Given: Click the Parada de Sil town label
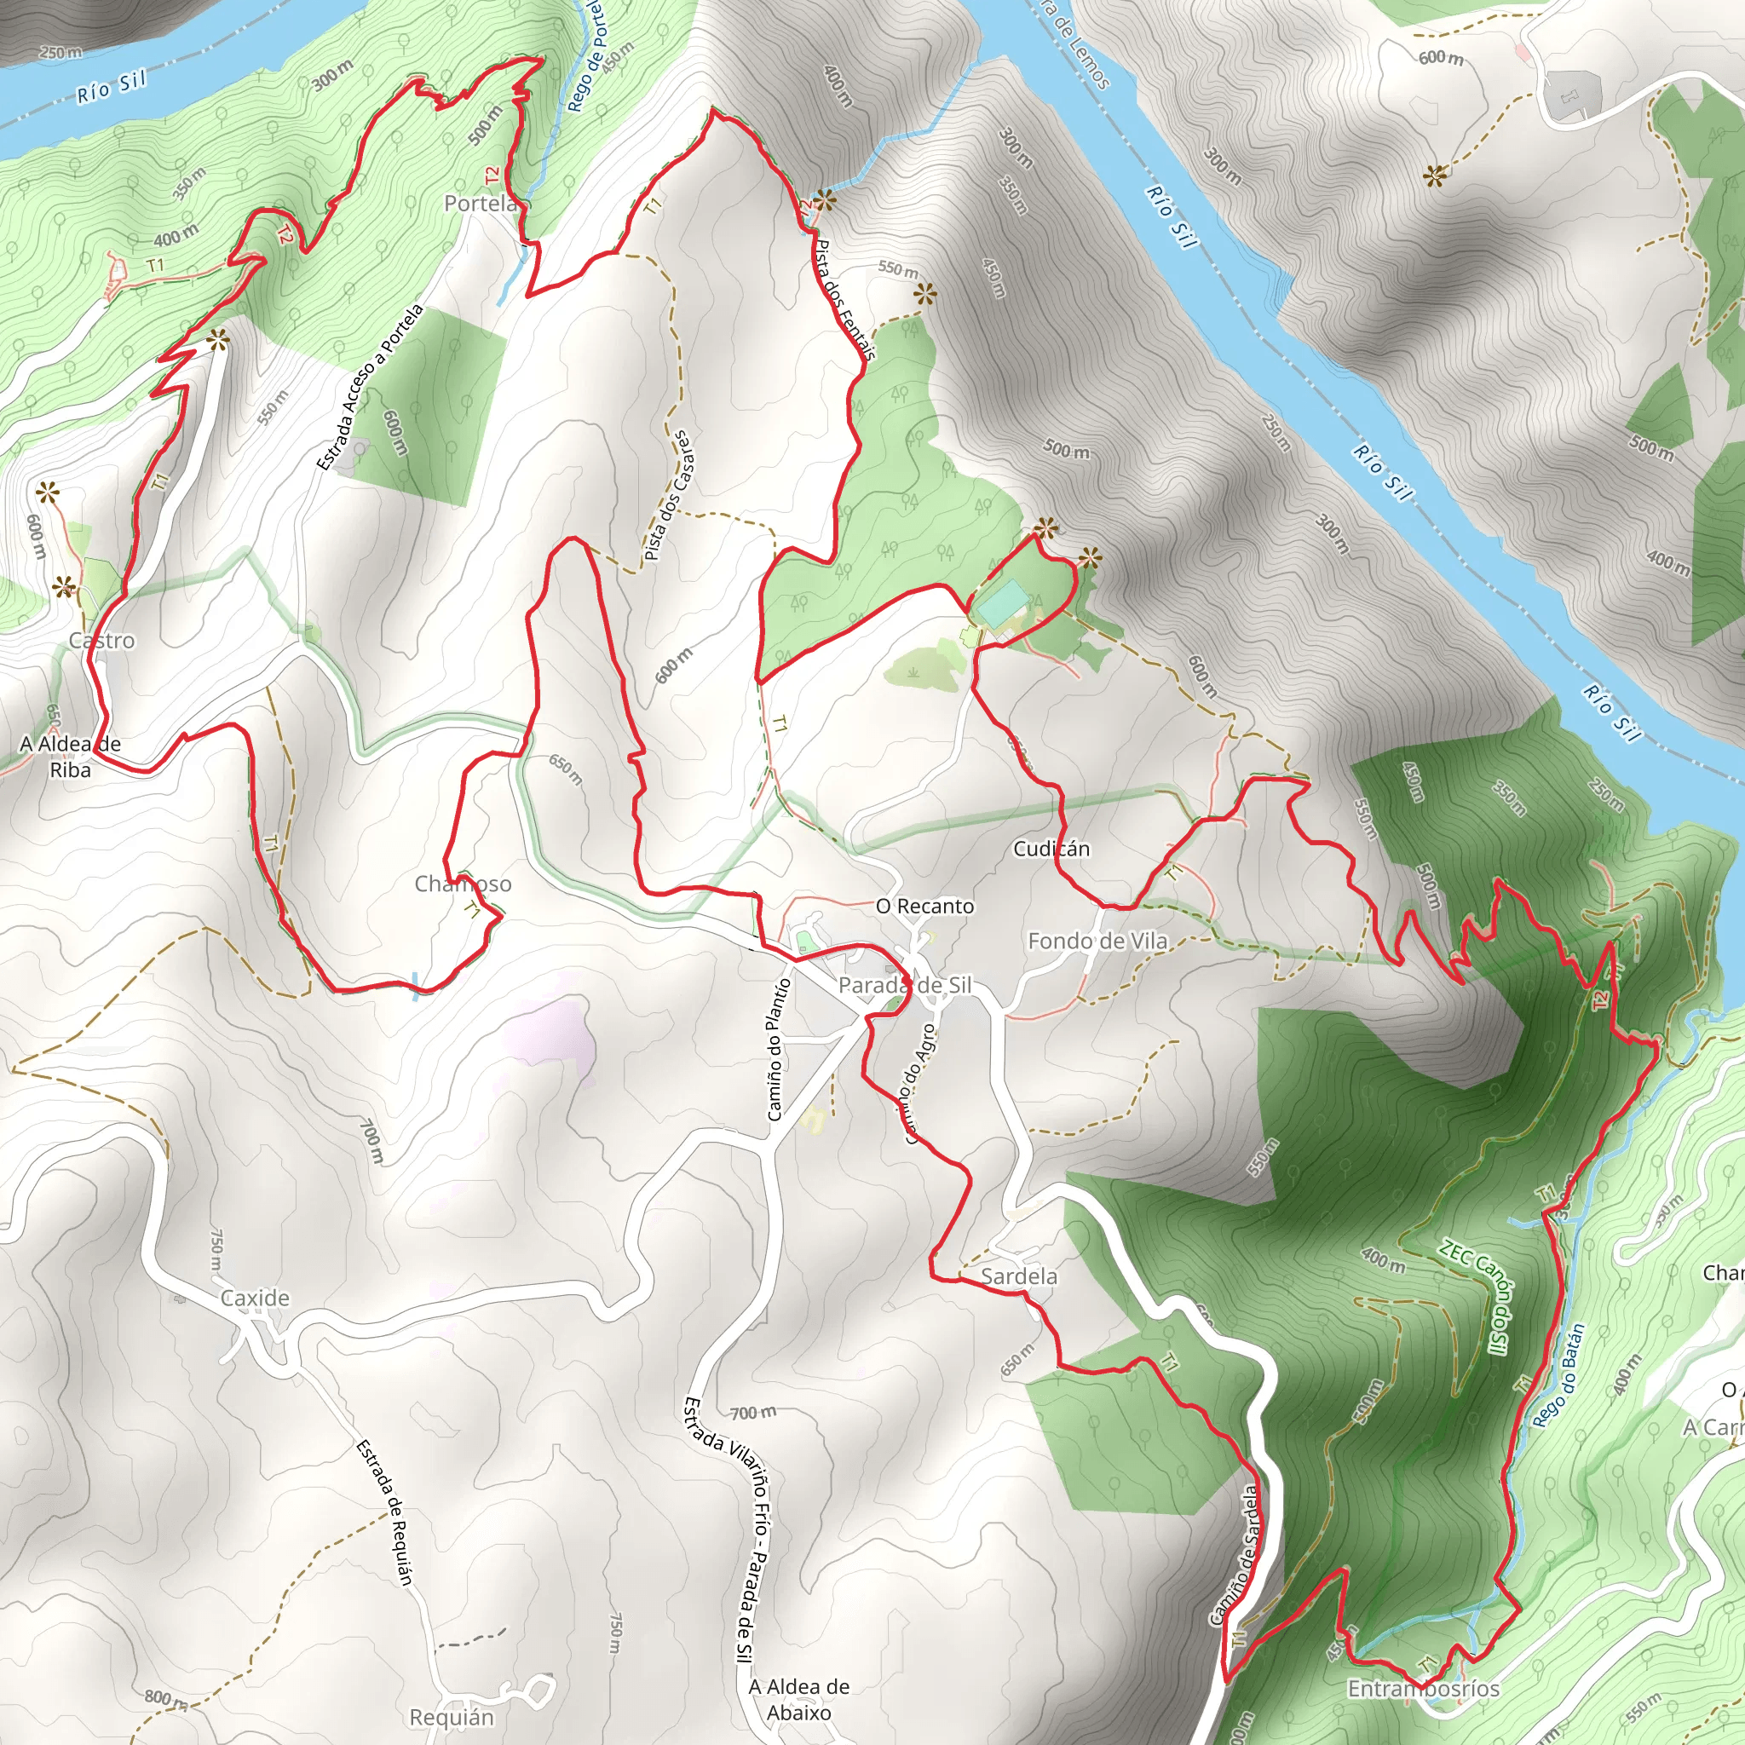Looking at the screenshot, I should [x=904, y=986].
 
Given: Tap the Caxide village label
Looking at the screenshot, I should [x=255, y=1298].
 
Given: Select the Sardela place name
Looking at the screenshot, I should [x=1019, y=1276].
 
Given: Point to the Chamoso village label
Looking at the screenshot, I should [x=463, y=884].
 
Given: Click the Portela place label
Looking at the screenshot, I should [x=480, y=204].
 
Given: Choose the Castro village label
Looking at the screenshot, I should [x=102, y=641].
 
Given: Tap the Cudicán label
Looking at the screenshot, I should [x=1051, y=849].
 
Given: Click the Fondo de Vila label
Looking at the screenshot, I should [x=1097, y=942].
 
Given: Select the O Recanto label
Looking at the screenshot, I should [x=924, y=906].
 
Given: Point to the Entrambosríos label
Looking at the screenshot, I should [x=1424, y=1688].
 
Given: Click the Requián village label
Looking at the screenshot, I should [x=452, y=1717].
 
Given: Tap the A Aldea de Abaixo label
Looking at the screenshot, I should [x=798, y=1699].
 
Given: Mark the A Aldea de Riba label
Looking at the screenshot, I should [x=71, y=757].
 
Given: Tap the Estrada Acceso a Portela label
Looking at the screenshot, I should [x=370, y=389].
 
